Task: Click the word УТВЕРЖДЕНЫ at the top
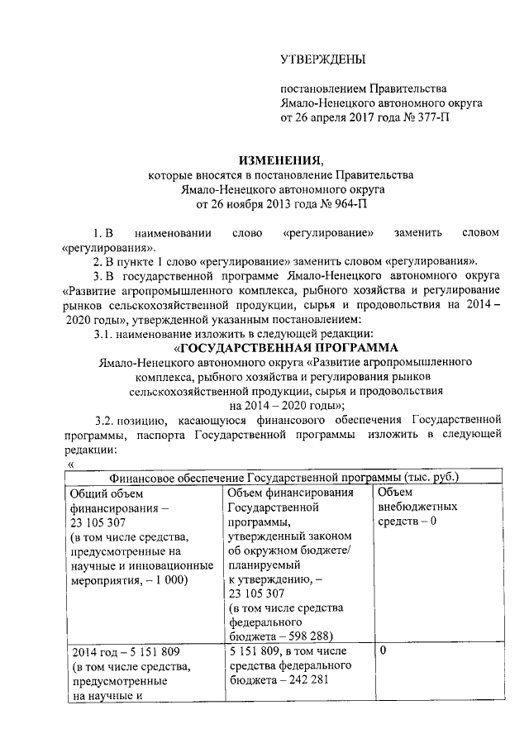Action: (322, 59)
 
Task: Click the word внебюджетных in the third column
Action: (417, 507)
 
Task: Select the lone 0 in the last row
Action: (383, 651)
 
